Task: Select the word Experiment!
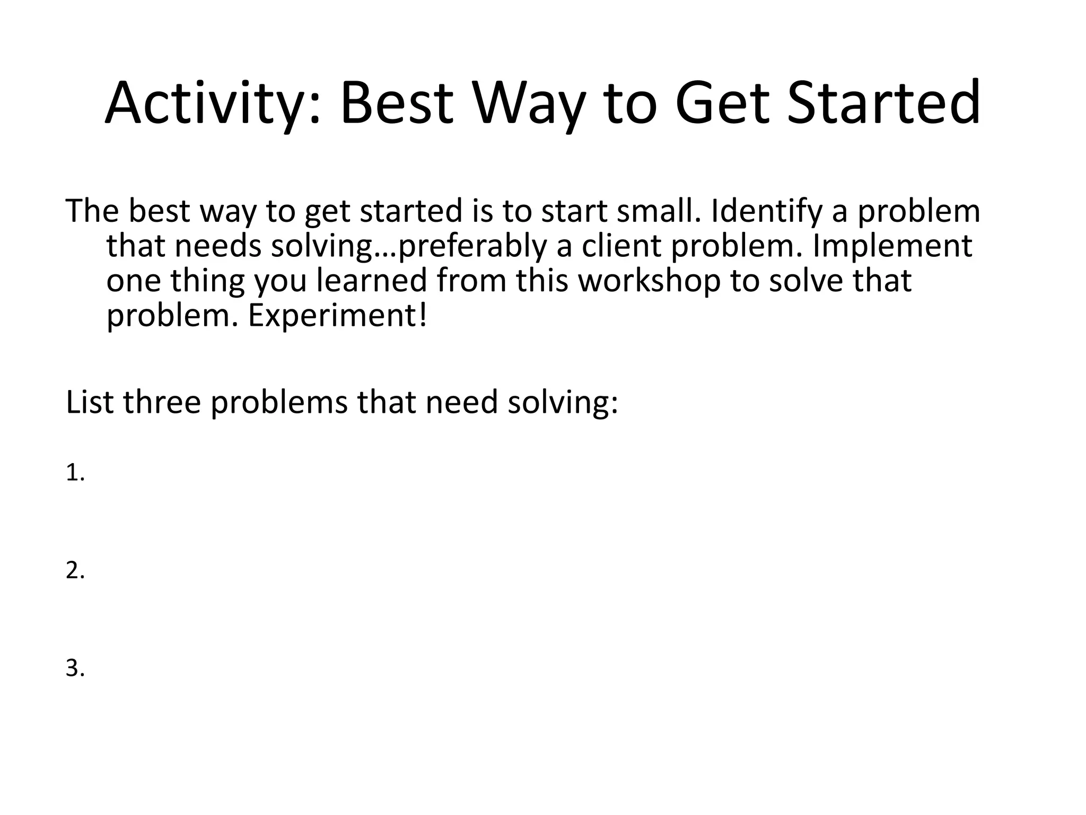click(337, 316)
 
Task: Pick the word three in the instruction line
click(162, 402)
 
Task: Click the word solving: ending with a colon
click(562, 402)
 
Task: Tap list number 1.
click(75, 473)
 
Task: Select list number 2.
click(75, 570)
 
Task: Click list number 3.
click(75, 668)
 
